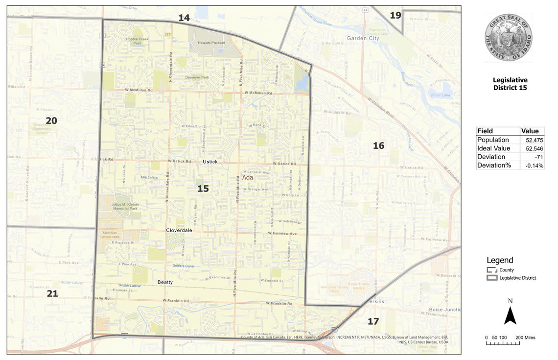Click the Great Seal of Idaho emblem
pos(510,37)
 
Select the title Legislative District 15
pos(510,84)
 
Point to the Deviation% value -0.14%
pos(531,165)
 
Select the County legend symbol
pos(491,270)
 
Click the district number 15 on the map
pos(203,189)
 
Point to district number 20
pos(51,120)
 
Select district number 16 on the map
pos(378,145)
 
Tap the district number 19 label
pos(395,16)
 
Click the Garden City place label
pos(363,38)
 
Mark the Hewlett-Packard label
pos(211,43)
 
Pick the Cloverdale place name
pos(179,230)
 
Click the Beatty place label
pos(165,282)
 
